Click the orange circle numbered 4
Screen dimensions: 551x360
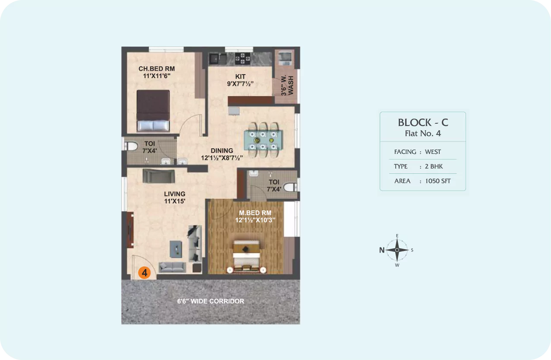[x=145, y=272]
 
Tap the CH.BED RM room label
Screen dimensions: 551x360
[x=157, y=69]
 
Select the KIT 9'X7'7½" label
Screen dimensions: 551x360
[x=240, y=80]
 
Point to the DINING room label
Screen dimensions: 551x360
[x=222, y=150]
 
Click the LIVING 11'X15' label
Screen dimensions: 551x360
[x=175, y=197]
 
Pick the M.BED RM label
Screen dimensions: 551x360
[x=255, y=213]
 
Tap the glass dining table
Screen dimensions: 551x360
[x=263, y=140]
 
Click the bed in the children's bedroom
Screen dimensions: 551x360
[x=153, y=110]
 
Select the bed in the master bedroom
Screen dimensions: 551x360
[x=246, y=256]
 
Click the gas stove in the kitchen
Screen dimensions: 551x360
[x=242, y=59]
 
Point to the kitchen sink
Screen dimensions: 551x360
[x=218, y=59]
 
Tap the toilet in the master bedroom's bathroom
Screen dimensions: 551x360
[x=291, y=187]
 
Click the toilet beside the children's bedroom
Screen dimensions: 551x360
[x=130, y=146]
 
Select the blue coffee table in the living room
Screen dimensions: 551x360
[x=176, y=249]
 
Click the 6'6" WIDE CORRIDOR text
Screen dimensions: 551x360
[x=211, y=301]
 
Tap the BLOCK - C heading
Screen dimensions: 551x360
[x=423, y=122]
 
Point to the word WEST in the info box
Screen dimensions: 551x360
[x=433, y=152]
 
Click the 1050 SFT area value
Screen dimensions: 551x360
[x=438, y=181]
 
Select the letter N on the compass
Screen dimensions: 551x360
[x=382, y=250]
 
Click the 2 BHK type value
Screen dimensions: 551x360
[x=434, y=166]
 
